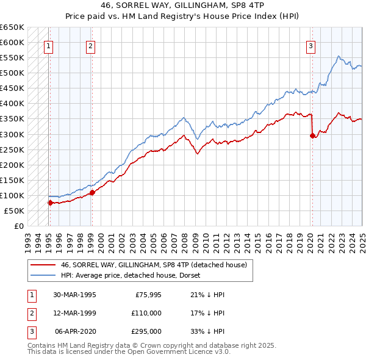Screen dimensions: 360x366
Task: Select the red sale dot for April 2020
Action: pos(312,135)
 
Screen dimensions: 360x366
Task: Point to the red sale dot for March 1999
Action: pos(92,192)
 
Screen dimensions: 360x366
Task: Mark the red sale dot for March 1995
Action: pos(50,203)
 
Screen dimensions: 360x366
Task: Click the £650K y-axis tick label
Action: pos(12,27)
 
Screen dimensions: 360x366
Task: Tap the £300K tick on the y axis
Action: pos(12,134)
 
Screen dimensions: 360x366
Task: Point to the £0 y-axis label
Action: pos(18,226)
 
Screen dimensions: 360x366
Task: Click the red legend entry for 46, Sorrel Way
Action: pos(153,265)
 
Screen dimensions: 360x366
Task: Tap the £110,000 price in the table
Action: pos(146,313)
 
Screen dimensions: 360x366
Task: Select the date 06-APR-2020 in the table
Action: pos(76,331)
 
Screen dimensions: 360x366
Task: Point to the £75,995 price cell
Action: pos(148,295)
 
